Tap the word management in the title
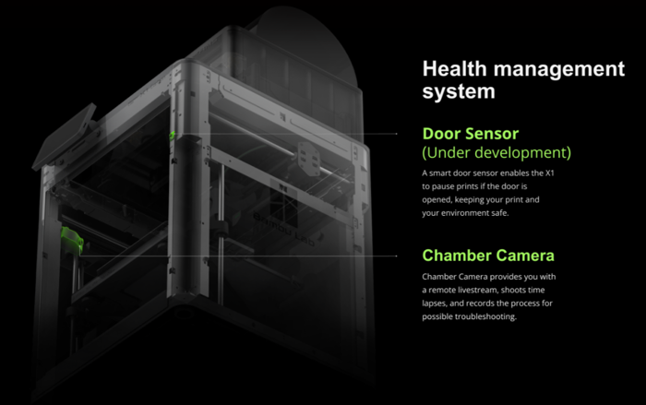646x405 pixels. (559, 69)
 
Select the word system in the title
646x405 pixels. (459, 91)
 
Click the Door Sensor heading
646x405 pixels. (471, 134)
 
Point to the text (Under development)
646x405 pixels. (496, 152)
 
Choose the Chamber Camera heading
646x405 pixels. (488, 256)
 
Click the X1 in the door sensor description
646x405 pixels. (550, 173)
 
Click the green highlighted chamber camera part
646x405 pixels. (72, 238)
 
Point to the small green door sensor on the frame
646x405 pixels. (172, 135)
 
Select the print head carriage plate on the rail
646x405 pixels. (309, 159)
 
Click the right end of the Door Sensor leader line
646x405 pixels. (397, 134)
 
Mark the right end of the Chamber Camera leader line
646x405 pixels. (397, 256)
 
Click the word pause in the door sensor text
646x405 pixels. (442, 186)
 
